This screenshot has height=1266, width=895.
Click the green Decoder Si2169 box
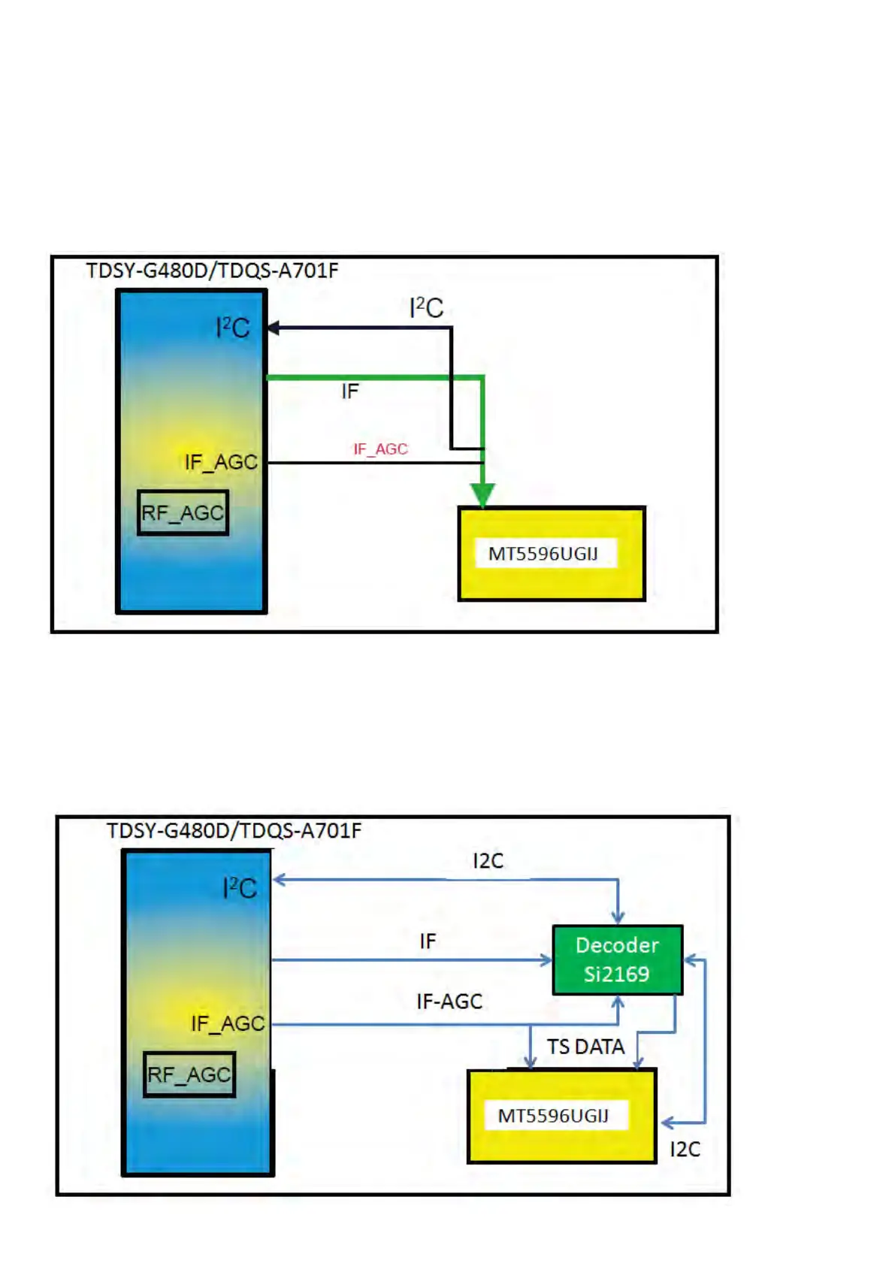[617, 959]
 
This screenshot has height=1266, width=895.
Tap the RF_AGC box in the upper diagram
[183, 513]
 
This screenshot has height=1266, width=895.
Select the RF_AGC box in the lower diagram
[189, 1074]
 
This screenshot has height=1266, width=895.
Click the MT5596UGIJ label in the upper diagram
[543, 554]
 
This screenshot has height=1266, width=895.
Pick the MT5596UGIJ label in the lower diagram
[552, 1116]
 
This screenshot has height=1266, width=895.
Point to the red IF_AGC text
[380, 449]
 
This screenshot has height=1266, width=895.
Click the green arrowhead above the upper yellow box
[482, 495]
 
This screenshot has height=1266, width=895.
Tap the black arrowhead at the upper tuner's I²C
[274, 328]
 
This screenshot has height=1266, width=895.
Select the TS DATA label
[585, 1047]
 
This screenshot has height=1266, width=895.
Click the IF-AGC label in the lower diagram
[449, 1002]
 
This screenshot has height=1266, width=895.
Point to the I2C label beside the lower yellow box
[685, 1150]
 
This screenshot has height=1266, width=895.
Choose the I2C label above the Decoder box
[488, 861]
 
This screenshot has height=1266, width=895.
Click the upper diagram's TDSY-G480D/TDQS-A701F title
[212, 270]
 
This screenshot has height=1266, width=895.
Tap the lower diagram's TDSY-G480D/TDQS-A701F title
[234, 831]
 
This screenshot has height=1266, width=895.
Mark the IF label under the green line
[350, 391]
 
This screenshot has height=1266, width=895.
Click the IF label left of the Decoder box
[428, 941]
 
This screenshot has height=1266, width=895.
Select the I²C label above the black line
[426, 307]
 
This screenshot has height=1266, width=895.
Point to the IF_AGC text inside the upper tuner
[221, 462]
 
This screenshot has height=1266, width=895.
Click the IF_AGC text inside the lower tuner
[227, 1023]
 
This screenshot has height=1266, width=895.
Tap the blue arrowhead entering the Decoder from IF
[547, 960]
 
